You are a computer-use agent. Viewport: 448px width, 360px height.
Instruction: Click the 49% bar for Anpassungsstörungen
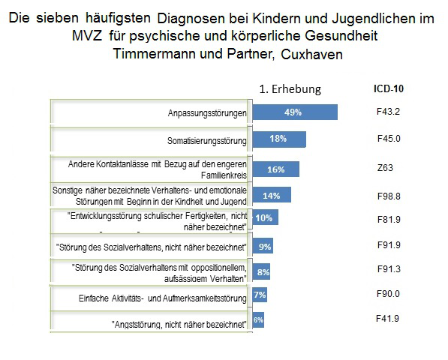(294, 112)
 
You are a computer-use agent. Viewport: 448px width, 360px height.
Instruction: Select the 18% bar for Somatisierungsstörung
(278, 139)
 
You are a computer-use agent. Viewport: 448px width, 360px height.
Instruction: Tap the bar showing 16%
(275, 169)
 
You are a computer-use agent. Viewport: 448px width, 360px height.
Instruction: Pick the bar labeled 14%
(271, 195)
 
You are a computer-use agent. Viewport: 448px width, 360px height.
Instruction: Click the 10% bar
(265, 218)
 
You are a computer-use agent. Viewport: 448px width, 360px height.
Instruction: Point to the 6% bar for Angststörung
(257, 320)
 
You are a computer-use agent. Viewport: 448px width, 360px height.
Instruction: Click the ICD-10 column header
(389, 88)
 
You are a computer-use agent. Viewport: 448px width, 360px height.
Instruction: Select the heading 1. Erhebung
(290, 88)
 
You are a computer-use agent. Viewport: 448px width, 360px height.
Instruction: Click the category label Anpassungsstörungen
(208, 113)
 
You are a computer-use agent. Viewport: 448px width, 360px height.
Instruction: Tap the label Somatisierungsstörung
(206, 140)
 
